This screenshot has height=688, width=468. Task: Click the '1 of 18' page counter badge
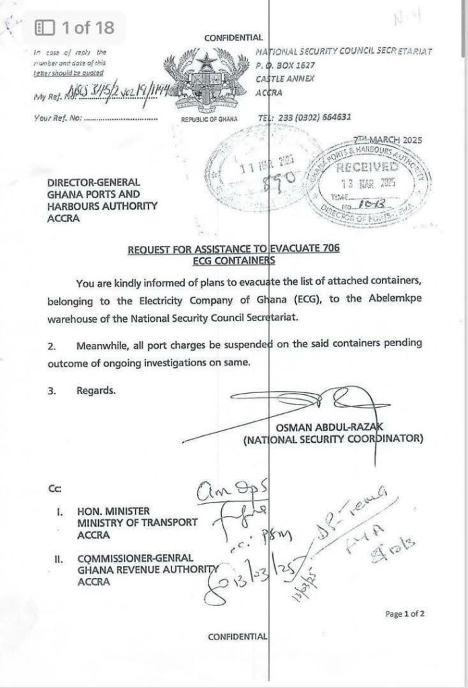(75, 28)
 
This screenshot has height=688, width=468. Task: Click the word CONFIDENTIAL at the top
(233, 38)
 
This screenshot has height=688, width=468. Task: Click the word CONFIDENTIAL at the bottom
(237, 636)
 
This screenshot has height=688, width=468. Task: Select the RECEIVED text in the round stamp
(367, 166)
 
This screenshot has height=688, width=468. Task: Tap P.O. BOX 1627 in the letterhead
(286, 65)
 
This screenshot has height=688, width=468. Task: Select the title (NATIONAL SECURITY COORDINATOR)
(333, 439)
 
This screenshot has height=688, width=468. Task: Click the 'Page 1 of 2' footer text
(405, 613)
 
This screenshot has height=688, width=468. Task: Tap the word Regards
(95, 390)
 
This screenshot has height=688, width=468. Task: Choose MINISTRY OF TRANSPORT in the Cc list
(137, 522)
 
